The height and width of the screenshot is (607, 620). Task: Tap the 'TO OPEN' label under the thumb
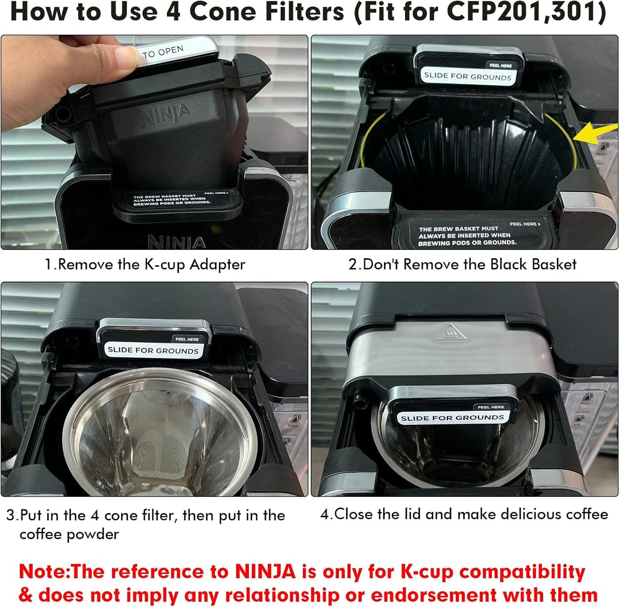pos(163,52)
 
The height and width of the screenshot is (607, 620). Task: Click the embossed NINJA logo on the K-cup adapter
pos(165,114)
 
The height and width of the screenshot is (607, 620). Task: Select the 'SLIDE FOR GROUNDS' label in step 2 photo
pos(468,76)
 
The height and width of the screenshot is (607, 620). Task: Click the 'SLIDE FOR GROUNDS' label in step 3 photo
pos(153,350)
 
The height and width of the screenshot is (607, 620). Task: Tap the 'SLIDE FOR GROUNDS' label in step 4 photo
pos(452,418)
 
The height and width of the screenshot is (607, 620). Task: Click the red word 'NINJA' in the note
pos(265,572)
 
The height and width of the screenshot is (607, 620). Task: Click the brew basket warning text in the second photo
pos(467,236)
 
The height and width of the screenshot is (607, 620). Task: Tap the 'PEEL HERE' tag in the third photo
pos(187,339)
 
